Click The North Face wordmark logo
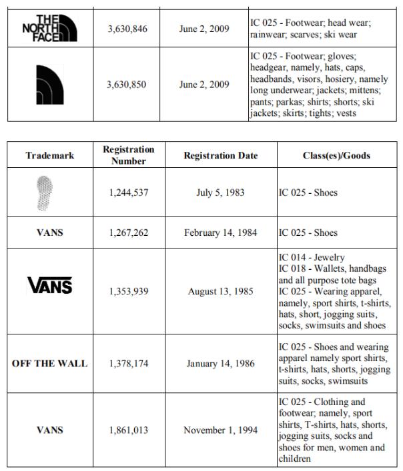[49, 27]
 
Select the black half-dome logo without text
[50, 85]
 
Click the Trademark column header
[50, 156]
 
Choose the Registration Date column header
[220, 156]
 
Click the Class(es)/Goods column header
[336, 156]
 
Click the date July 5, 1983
[220, 193]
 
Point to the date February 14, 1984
[220, 233]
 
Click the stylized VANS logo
[49, 286]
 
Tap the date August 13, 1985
[220, 291]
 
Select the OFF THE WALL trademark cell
[50, 364]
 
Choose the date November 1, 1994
[220, 430]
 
